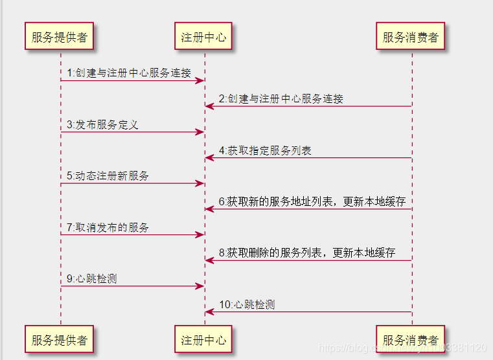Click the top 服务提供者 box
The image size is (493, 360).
[60, 37]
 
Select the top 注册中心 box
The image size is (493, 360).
[204, 37]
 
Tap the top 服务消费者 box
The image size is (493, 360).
[411, 37]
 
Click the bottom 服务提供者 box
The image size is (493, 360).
[60, 340]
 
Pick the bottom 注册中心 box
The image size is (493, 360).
[204, 340]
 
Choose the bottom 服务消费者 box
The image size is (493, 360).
[411, 340]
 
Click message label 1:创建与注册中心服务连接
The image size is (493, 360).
[128, 73]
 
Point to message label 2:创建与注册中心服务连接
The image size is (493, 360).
[281, 99]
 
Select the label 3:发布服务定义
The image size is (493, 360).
[102, 124]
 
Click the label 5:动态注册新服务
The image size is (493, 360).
[108, 175]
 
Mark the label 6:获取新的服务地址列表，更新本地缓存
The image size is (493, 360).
[312, 201]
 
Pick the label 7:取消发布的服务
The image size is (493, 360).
[108, 227]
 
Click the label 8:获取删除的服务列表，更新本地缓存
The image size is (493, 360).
[306, 253]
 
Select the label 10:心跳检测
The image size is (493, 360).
[246, 304]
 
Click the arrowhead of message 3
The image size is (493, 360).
[201, 132]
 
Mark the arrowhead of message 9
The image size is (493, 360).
[201, 286]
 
